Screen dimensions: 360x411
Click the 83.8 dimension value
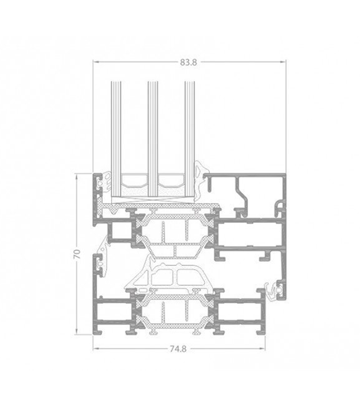pos(188,62)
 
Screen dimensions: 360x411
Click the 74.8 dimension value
pos(178,349)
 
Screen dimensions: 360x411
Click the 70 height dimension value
pos(77,255)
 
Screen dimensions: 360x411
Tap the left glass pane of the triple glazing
pos(116,142)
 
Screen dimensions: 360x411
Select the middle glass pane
pos(153,142)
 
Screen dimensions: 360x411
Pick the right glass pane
pos(190,142)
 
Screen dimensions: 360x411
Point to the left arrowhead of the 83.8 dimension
pos(96,62)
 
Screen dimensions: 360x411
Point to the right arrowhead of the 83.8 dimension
pos(283,62)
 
